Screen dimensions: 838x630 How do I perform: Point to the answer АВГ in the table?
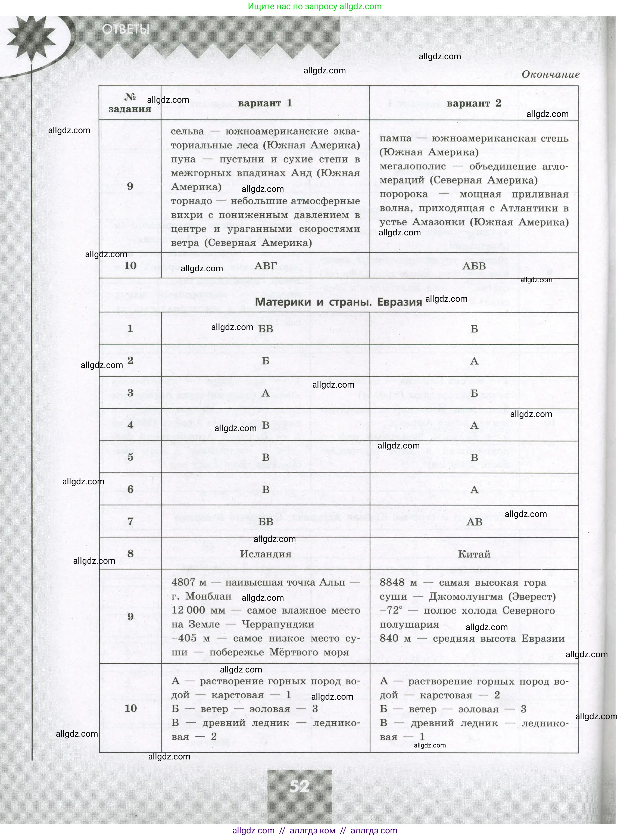[x=265, y=266]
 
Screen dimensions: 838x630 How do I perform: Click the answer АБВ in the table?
[x=474, y=266]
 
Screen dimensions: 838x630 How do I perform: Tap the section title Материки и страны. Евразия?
[x=338, y=302]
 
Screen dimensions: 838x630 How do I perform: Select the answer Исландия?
[x=266, y=554]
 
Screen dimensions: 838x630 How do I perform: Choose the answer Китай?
[x=474, y=554]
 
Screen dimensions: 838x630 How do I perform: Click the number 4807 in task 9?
[x=184, y=582]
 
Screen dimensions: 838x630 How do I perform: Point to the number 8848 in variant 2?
[x=392, y=582]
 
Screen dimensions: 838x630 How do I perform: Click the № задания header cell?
[x=130, y=103]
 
